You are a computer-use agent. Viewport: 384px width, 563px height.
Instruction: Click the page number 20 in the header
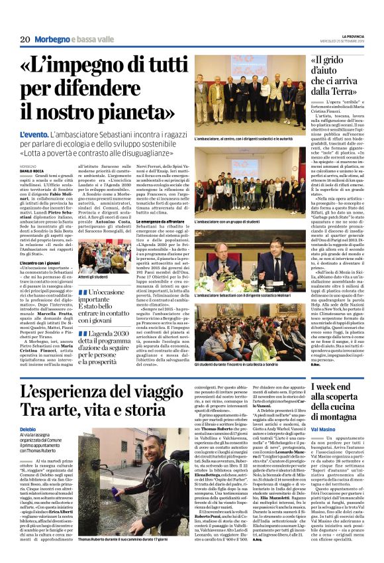pyautogui.click(x=26, y=40)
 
